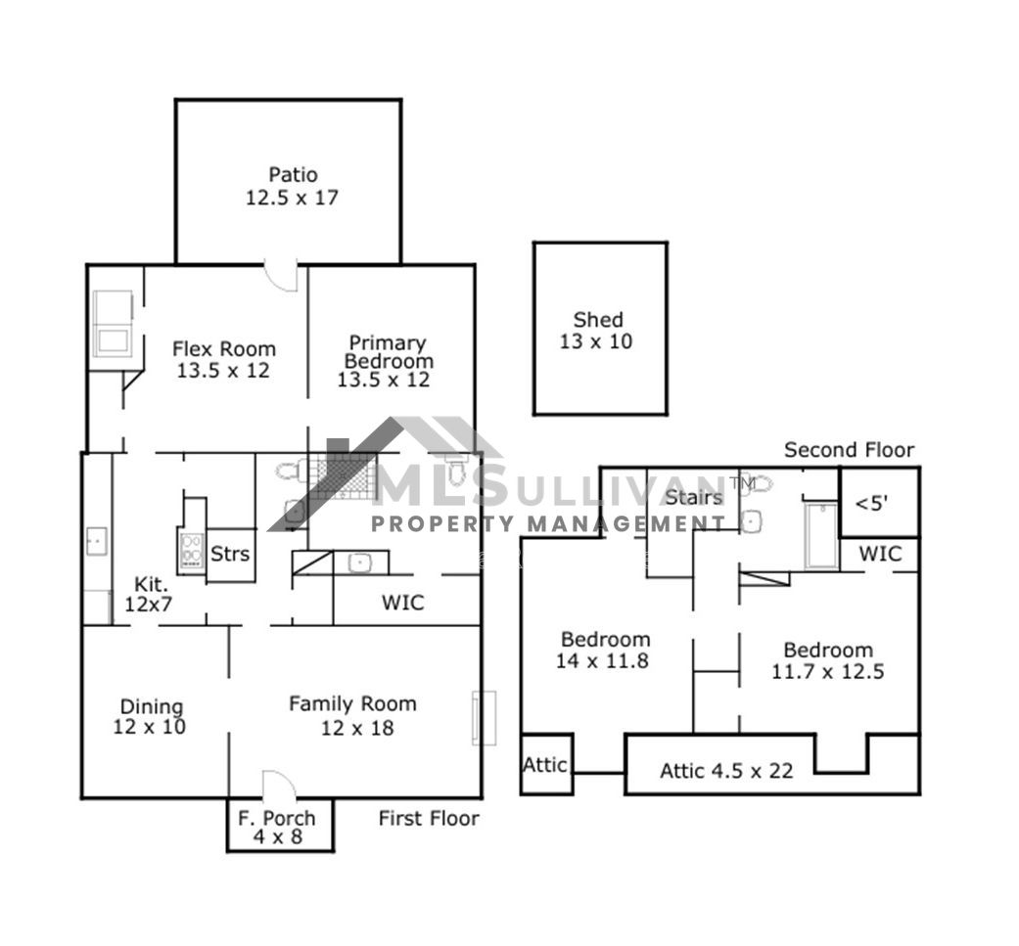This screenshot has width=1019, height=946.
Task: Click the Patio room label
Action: click(x=293, y=186)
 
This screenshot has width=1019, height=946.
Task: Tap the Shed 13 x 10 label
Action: click(x=597, y=331)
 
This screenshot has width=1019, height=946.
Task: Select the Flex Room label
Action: click(x=224, y=359)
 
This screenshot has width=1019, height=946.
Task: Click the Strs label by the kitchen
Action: click(x=230, y=554)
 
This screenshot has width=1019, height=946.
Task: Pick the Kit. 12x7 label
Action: click(x=149, y=594)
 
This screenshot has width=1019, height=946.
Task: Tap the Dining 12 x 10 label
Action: click(x=150, y=717)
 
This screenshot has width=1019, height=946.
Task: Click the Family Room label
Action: click(x=352, y=715)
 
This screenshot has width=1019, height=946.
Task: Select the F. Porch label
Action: click(x=277, y=828)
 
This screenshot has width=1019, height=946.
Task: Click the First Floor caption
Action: click(x=429, y=818)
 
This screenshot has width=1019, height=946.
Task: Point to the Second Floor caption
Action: click(x=850, y=449)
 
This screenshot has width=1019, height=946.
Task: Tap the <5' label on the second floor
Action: click(x=871, y=503)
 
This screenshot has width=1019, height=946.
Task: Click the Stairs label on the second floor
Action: click(x=695, y=497)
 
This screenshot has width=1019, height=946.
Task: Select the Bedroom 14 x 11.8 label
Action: click(x=604, y=650)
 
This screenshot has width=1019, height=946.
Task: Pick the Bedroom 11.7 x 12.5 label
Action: click(x=828, y=660)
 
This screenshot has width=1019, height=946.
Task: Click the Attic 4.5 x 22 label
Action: click(x=726, y=771)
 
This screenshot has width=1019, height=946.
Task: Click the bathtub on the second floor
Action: click(x=821, y=535)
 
